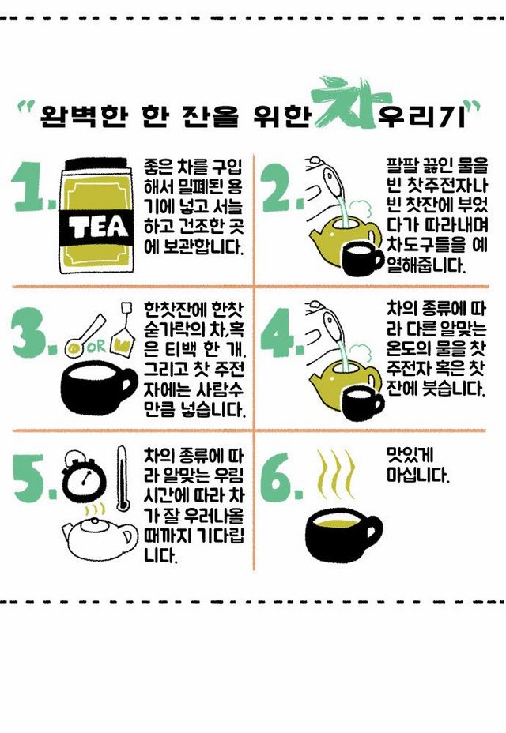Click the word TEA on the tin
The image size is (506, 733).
point(98,227)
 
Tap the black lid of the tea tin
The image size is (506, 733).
point(96,165)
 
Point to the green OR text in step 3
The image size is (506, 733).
point(96,347)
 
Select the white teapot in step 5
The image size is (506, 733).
point(100,538)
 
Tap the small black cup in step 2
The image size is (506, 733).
point(361,259)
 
